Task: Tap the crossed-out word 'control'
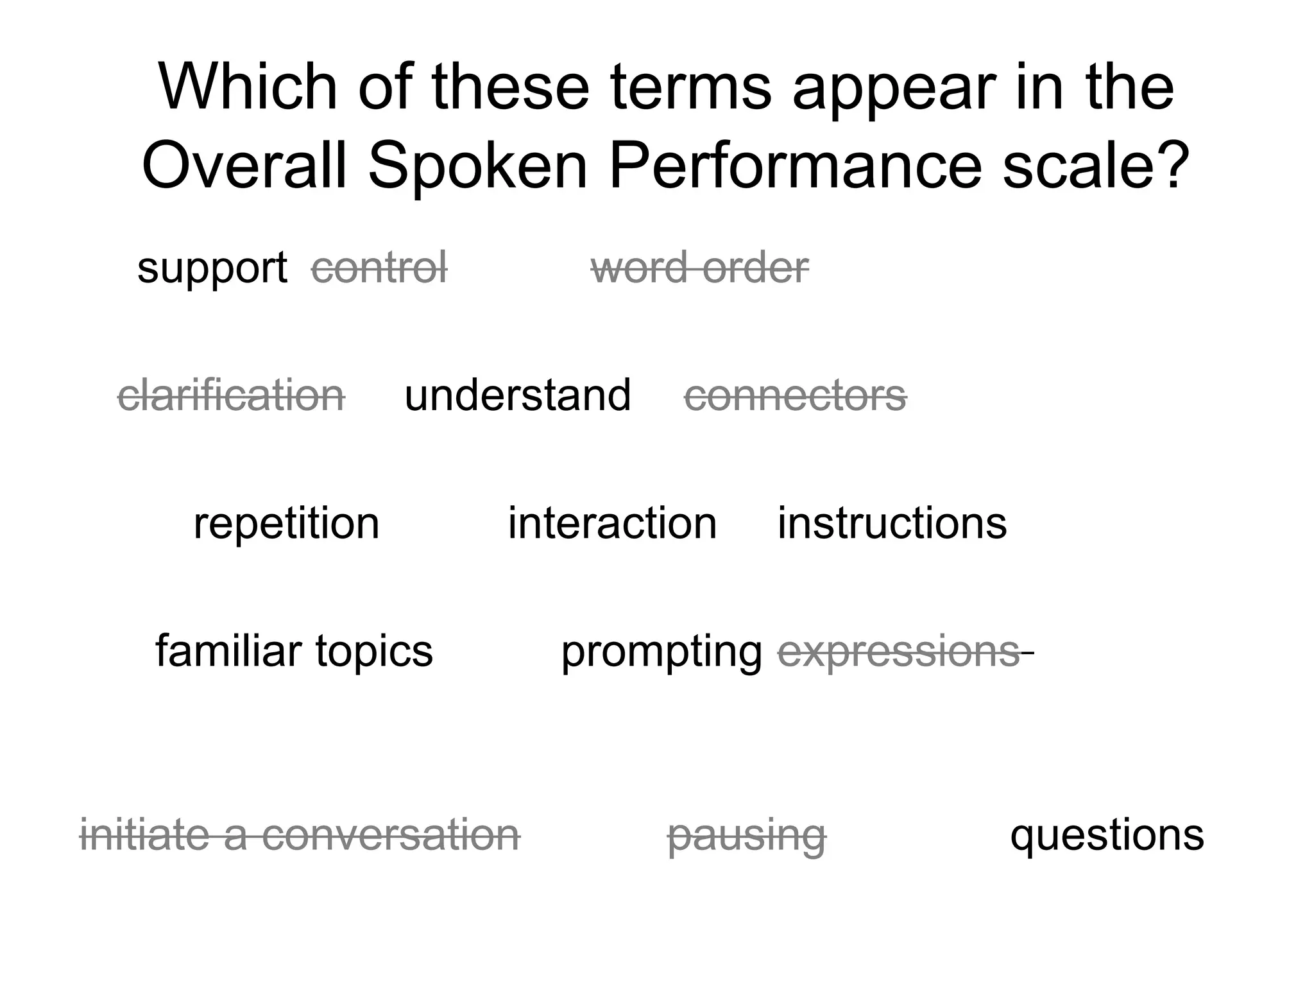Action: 379,267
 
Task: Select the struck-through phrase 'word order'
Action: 699,267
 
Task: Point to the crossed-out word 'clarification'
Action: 231,395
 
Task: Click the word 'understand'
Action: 518,395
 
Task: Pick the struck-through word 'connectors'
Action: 796,395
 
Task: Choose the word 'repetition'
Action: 286,523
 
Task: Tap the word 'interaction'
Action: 612,523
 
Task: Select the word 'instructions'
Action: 892,523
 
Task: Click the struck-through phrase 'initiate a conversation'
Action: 300,835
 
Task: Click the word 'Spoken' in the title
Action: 477,166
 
